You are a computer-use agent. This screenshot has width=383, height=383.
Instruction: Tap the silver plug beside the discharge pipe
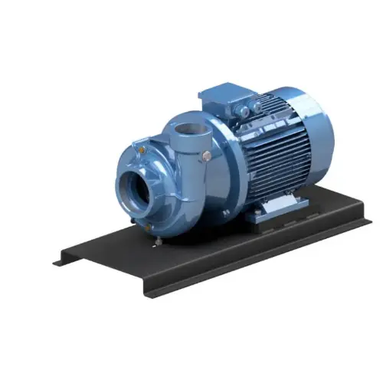click(x=207, y=156)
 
